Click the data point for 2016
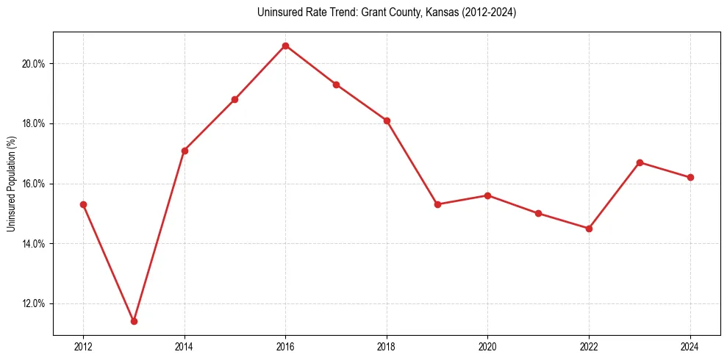pos(285,46)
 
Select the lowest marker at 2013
pos(134,321)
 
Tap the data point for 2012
pos(83,204)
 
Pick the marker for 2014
pos(185,151)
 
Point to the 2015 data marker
pos(234,99)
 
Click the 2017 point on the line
pos(336,84)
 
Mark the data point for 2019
pos(437,204)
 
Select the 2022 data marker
pos(589,228)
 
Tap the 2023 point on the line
pos(640,162)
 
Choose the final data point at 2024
pos(690,177)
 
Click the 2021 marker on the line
pos(538,213)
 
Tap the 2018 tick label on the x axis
pos(387,347)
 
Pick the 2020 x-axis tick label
pos(487,347)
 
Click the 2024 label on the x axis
pos(690,347)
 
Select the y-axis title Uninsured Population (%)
pos(11,184)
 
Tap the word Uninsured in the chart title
pos(276,12)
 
